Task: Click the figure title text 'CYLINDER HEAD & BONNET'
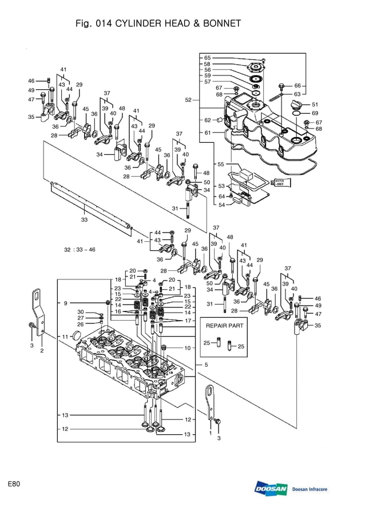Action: coord(178,23)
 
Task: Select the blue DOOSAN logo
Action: coord(271,489)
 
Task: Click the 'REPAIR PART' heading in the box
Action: coord(224,325)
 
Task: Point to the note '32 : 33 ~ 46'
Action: coord(80,250)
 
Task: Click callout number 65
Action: coord(207,58)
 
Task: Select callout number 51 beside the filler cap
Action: coord(315,105)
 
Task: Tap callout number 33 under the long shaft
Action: coord(84,219)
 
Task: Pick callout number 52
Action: coord(188,100)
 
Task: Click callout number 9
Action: coord(66,303)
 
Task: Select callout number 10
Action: coord(187,347)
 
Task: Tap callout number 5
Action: coord(205,365)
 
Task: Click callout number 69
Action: coord(315,113)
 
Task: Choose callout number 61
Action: coord(207,133)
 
